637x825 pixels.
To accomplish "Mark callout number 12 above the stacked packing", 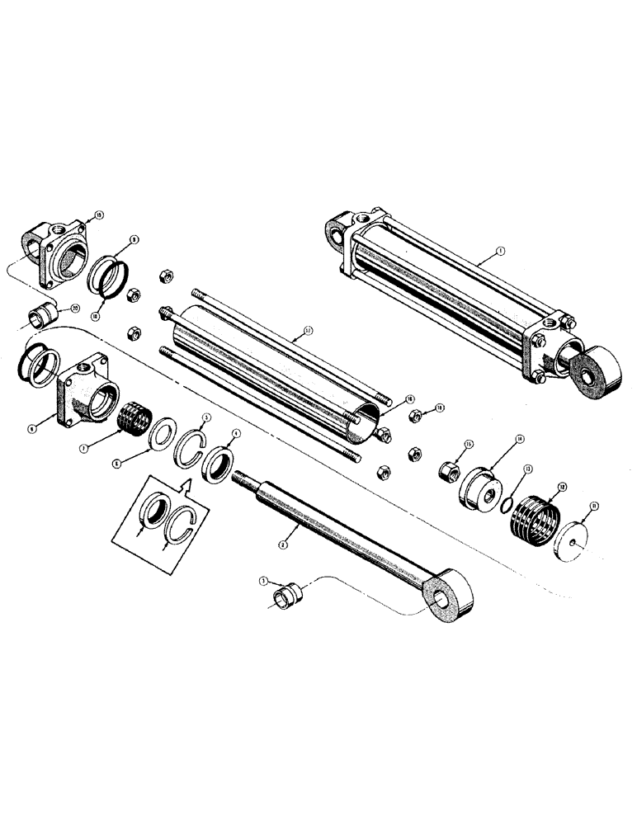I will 562,486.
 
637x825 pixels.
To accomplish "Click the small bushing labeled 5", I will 289,593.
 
